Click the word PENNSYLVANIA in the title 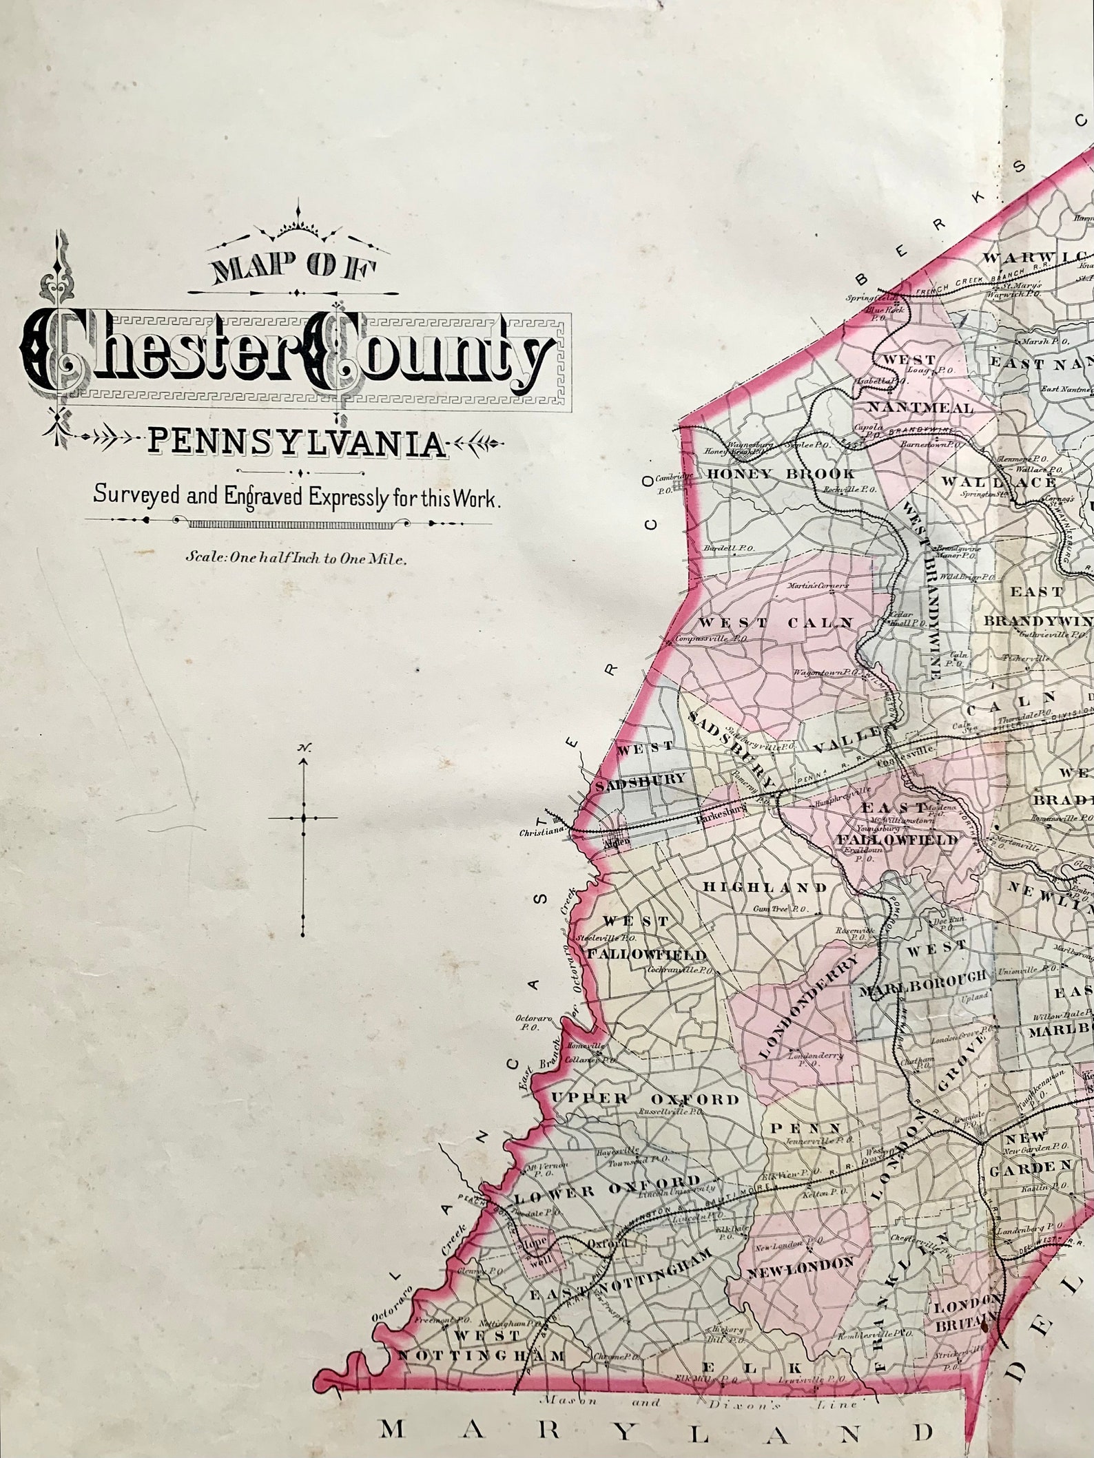[x=297, y=444]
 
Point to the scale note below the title [x=297, y=559]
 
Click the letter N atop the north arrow [x=302, y=748]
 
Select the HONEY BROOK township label [x=781, y=474]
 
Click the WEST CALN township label [x=776, y=623]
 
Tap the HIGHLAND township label [x=764, y=887]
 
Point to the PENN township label [x=805, y=1128]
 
